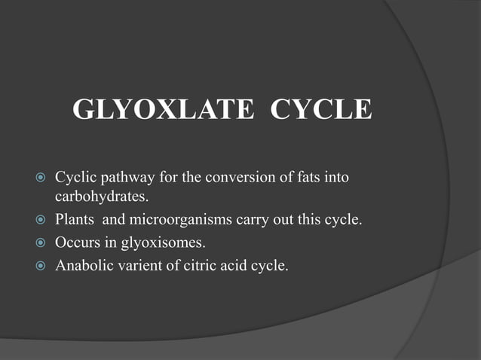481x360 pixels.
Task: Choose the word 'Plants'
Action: [x=74, y=221]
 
